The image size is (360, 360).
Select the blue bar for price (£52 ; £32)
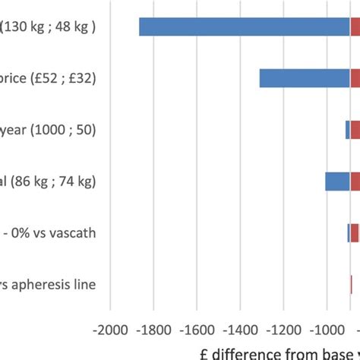click(305, 78)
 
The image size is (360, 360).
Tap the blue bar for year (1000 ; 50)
click(347, 130)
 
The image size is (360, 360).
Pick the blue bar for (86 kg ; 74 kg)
click(337, 182)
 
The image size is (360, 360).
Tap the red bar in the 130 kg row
click(355, 27)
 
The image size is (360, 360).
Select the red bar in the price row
click(355, 78)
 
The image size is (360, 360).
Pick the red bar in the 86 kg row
click(355, 182)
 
